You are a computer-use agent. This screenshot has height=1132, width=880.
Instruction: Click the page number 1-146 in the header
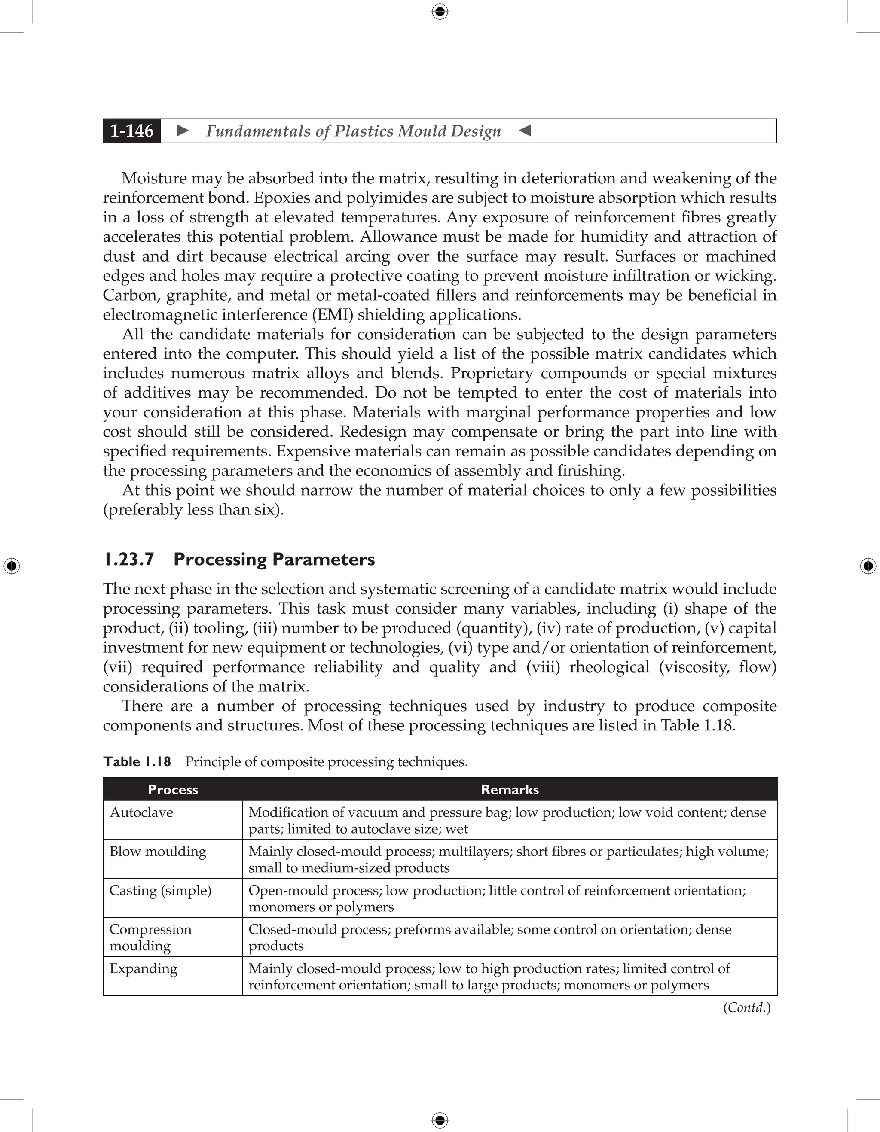coord(132,131)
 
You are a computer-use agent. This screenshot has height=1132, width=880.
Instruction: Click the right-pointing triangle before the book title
coord(183,131)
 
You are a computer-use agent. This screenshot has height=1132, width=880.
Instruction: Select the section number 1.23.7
coord(128,559)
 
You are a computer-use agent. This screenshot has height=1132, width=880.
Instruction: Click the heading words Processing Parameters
coord(274,559)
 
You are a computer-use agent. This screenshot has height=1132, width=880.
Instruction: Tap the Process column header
coord(173,789)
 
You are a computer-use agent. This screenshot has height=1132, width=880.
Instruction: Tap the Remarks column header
coord(509,789)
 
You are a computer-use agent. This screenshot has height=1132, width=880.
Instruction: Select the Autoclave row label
coord(141,812)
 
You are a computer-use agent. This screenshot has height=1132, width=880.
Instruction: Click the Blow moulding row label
coord(158,851)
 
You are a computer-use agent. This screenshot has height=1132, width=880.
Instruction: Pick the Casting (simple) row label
coord(160,891)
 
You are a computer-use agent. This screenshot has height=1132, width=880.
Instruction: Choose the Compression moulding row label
coord(150,937)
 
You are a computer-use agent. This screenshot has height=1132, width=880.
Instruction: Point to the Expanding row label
coord(143,968)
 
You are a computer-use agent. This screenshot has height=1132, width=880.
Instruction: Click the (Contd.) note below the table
coord(747,1007)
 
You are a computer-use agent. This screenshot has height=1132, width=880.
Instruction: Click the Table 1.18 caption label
coord(137,761)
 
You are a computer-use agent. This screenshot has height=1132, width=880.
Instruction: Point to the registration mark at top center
coord(440,12)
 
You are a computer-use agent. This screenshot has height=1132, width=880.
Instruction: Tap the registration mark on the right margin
coord(868,566)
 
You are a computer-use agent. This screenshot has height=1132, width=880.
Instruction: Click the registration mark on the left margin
coord(12,566)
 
